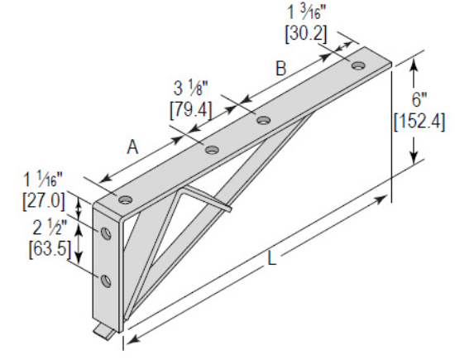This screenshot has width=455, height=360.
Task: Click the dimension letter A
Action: pos(132,146)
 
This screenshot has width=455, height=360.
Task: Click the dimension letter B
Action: pos(280,69)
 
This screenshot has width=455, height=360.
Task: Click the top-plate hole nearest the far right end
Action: pos(359,65)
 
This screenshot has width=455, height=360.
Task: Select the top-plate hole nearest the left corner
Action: pos(125,199)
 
